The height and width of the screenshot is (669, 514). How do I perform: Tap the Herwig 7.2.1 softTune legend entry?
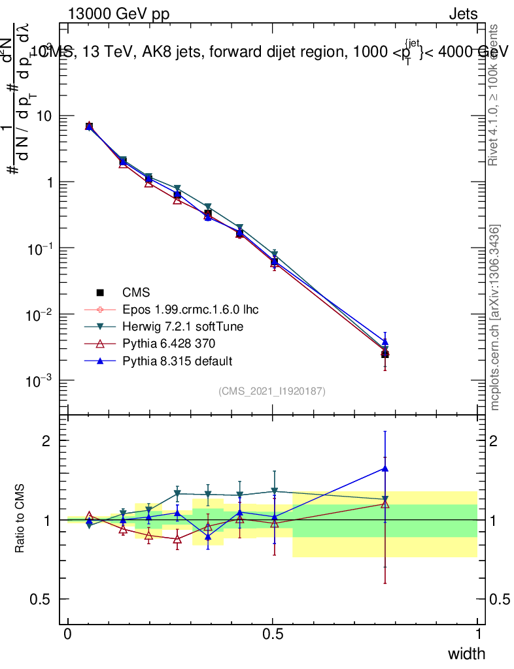tap(173, 326)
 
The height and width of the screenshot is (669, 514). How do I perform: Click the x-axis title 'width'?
tap(466, 653)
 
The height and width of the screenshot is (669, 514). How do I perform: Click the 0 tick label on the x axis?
tap(68, 634)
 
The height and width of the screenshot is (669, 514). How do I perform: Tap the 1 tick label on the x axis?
tap(477, 634)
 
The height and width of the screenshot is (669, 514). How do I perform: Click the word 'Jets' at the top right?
tap(462, 14)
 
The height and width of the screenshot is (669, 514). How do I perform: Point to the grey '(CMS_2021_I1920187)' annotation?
tap(272, 391)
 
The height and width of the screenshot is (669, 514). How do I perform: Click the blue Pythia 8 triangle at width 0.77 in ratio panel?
tap(385, 468)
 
